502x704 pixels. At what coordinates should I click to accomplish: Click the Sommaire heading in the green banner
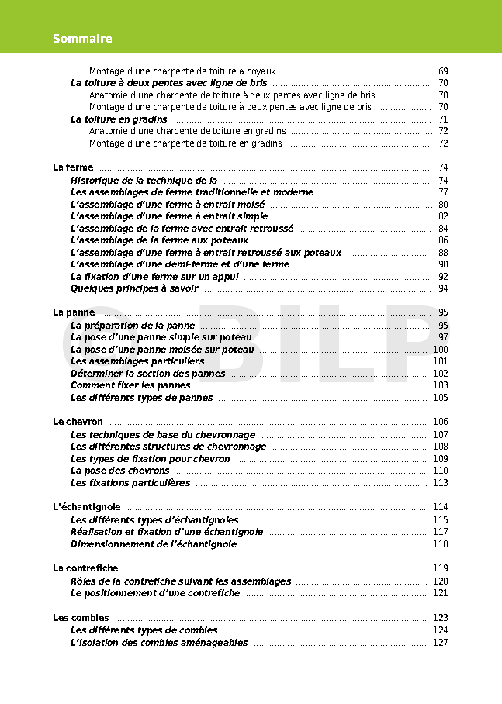82,39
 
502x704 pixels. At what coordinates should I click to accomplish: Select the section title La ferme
73,167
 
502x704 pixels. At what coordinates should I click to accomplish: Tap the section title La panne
74,312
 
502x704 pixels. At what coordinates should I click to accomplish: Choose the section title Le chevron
78,422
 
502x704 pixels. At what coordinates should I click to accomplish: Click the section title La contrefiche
85,568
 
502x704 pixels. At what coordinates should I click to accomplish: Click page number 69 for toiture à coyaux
442,71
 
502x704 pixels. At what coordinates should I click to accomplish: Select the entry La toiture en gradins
119,119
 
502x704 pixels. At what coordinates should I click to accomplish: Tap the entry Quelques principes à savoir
134,288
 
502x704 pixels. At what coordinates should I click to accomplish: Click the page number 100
440,350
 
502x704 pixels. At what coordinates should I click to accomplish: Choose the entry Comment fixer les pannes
130,385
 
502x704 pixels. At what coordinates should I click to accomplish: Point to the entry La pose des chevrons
120,471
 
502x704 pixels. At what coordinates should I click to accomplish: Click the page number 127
440,643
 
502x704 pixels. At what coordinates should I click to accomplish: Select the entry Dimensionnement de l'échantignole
154,544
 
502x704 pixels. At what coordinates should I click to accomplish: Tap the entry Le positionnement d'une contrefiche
155,593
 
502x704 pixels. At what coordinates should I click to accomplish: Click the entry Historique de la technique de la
144,180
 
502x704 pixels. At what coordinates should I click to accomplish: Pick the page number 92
442,276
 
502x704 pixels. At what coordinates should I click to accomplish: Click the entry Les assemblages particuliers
137,361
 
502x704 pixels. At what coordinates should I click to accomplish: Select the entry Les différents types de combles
144,630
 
